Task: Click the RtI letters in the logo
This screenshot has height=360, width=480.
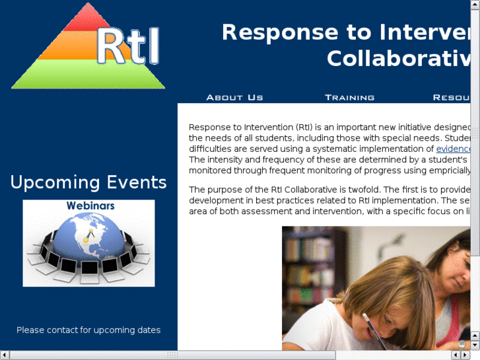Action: coord(128,46)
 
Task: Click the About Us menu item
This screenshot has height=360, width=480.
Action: coord(234,97)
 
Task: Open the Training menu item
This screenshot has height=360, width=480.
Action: coord(349,97)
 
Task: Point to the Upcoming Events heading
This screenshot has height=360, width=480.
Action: coord(88,182)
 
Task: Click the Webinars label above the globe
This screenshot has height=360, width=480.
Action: coord(90,205)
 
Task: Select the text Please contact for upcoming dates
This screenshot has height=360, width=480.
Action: coord(88,330)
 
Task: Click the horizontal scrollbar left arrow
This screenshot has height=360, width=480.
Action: coord(5,355)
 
